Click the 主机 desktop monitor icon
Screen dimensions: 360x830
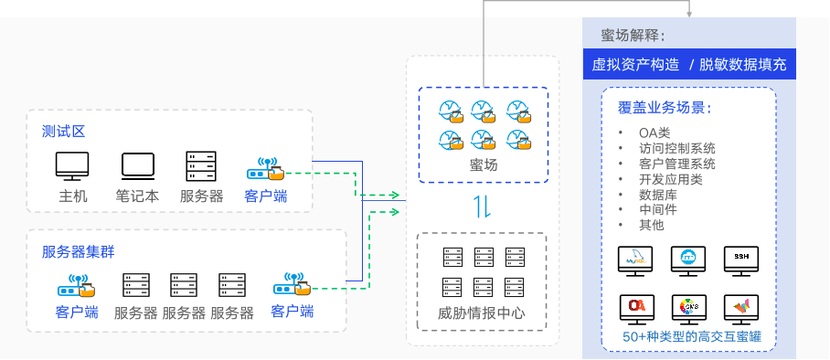(x=72, y=166)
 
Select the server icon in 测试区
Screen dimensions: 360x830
(x=201, y=166)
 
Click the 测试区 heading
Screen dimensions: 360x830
(x=63, y=131)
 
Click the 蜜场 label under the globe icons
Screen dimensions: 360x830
(x=483, y=165)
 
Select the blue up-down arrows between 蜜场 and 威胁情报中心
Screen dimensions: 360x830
(x=482, y=206)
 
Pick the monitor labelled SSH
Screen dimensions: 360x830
(x=740, y=259)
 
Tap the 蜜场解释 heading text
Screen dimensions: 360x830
(x=633, y=36)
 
